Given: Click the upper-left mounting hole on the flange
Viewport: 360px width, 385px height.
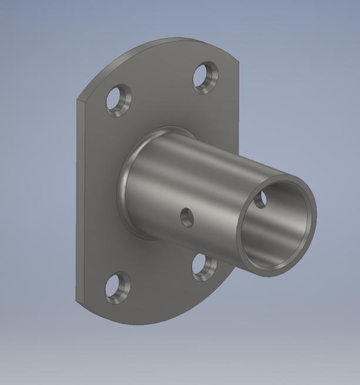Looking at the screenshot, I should click(119, 100).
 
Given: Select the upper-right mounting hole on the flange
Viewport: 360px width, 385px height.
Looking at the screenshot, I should click(206, 77).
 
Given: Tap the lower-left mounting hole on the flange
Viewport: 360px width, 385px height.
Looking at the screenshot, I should click(119, 288).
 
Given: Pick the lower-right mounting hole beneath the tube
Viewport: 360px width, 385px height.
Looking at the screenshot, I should click(205, 267).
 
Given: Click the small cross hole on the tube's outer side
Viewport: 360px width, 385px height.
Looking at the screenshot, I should click(187, 218).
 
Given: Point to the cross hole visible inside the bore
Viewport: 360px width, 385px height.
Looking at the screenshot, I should click(261, 200).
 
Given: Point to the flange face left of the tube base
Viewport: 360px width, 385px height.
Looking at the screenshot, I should click(100, 194).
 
